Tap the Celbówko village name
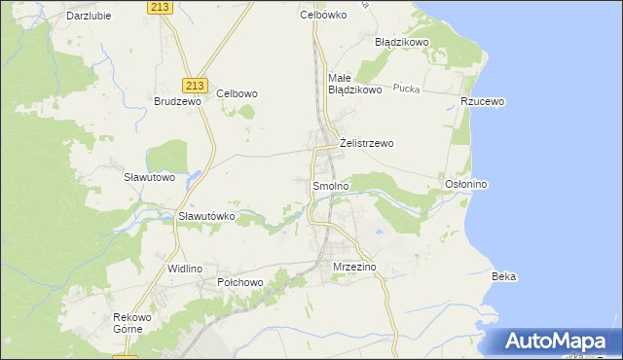[323, 15]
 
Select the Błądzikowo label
[402, 43]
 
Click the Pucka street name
[406, 89]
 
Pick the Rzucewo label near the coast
[484, 101]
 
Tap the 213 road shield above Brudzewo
[194, 85]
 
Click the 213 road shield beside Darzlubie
[163, 7]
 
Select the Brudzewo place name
[177, 101]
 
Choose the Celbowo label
[237, 93]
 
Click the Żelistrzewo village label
[366, 143]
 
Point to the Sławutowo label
[149, 177]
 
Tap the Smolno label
[330, 185]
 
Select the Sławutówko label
[206, 216]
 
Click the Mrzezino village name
[353, 266]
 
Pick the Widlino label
[184, 268]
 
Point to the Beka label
[504, 276]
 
